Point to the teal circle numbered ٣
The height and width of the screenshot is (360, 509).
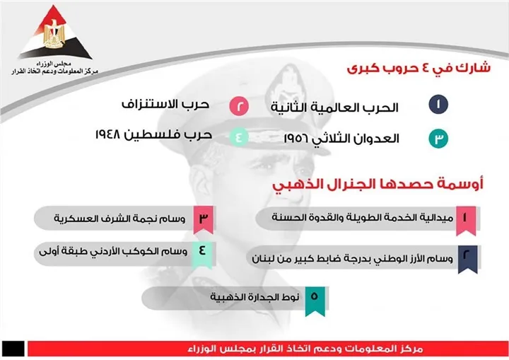438,139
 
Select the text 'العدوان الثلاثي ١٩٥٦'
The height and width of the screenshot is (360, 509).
338,139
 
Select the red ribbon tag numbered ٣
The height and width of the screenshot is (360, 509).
203,219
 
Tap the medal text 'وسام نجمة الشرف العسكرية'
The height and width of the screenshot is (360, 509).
119,219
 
